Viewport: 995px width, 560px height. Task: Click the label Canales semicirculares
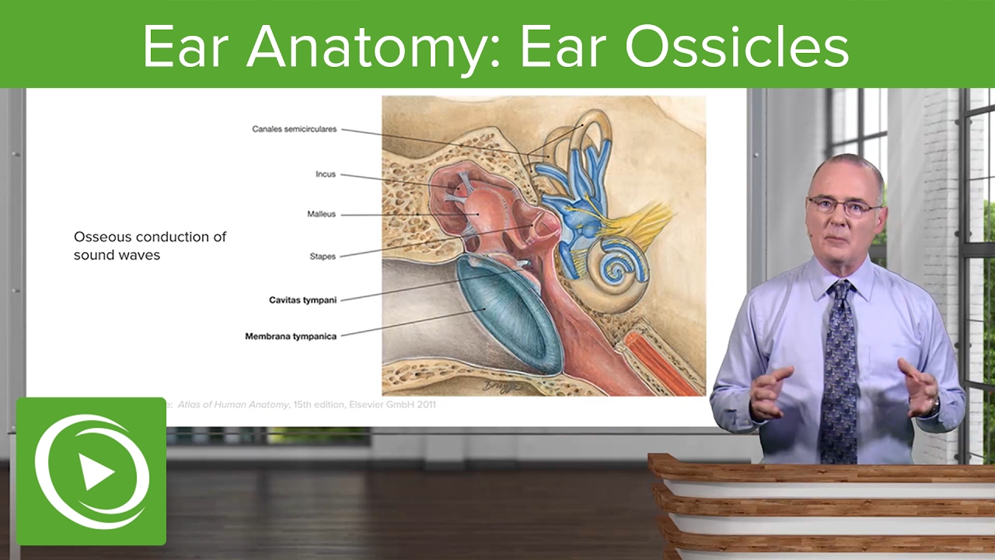pos(294,129)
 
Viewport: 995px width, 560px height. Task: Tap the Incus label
pos(325,174)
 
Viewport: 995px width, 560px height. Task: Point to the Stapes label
pos(322,255)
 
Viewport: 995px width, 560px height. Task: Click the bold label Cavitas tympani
pos(302,299)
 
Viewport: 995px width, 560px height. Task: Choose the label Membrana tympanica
pos(291,336)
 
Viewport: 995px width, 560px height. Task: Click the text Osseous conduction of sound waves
pos(149,245)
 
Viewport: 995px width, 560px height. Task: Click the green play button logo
pos(91,472)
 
